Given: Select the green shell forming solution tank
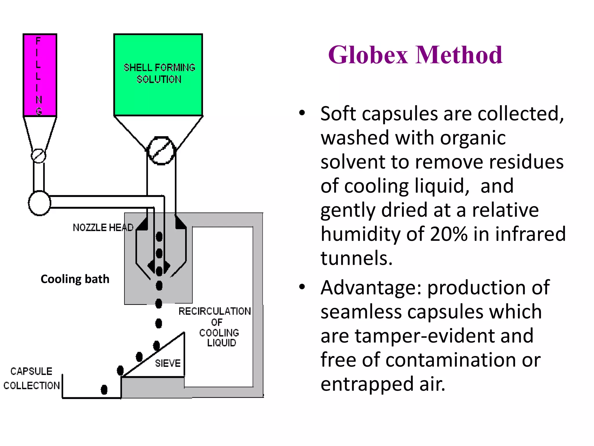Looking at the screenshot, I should [x=158, y=75].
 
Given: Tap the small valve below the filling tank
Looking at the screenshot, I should [x=39, y=156].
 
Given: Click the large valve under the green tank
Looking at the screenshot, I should [x=161, y=151].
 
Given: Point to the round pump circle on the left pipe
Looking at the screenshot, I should [x=39, y=203].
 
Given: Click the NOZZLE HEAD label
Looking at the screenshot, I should [x=103, y=228].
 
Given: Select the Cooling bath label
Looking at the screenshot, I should [x=75, y=279].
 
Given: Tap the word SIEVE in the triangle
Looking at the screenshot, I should [x=168, y=363].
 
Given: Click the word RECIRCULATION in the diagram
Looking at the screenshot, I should [x=215, y=311].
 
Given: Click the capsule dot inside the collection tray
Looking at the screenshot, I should [x=104, y=390].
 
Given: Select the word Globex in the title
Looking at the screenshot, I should [x=368, y=55].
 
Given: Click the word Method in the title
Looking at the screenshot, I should [x=459, y=55].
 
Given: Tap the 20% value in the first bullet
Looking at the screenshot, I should [x=449, y=234].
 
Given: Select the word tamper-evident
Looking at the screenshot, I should [x=444, y=336].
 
